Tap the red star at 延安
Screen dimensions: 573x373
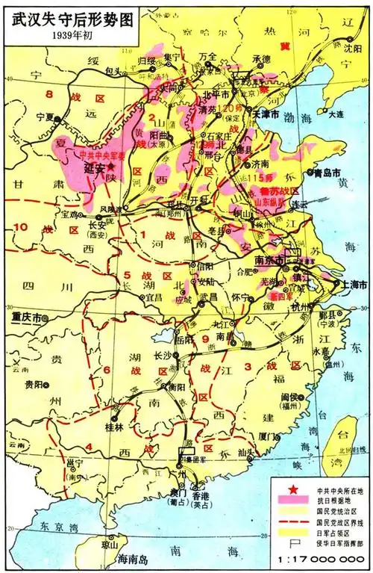(x=113, y=167)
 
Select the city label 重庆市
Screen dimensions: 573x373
(x=27, y=317)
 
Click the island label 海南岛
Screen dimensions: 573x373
(x=115, y=558)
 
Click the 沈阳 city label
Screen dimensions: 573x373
(x=356, y=45)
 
